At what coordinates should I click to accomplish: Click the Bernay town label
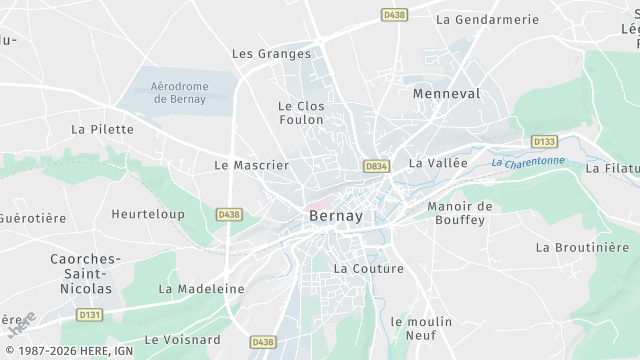[335, 215]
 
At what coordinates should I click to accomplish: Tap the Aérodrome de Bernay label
[178, 93]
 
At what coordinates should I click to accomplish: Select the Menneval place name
[446, 93]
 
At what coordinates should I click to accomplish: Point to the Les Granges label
[271, 54]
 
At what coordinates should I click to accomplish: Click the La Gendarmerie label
[487, 19]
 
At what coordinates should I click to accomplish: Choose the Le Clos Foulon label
[301, 112]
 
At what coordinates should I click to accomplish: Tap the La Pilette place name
[102, 129]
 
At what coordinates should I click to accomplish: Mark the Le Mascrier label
[251, 164]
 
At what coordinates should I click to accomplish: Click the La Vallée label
[438, 162]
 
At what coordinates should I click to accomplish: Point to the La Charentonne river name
[528, 161]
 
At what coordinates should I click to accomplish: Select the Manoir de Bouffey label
[460, 213]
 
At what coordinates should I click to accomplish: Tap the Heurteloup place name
[148, 214]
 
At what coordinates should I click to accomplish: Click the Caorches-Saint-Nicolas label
[85, 273]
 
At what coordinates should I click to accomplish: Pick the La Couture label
[368, 268]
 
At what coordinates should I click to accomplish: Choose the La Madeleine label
[201, 288]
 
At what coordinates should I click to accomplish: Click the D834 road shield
[376, 166]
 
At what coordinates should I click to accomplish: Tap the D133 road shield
[544, 142]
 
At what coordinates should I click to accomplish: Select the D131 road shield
[90, 315]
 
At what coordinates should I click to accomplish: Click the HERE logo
[21, 324]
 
